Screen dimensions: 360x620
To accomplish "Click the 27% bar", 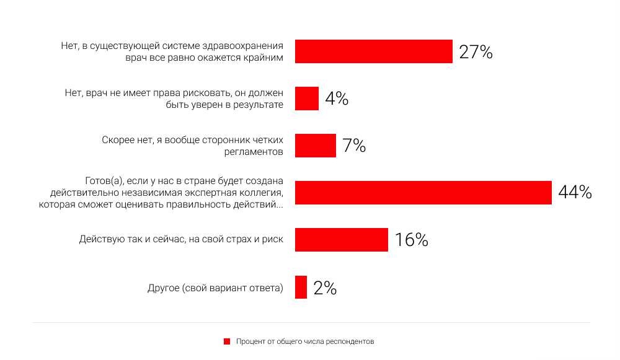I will pyautogui.click(x=373, y=51).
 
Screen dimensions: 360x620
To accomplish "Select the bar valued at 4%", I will pyautogui.click(x=306, y=99).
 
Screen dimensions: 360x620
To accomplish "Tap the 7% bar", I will pyautogui.click(x=315, y=146).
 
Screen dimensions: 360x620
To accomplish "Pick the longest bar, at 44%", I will pyautogui.click(x=423, y=193).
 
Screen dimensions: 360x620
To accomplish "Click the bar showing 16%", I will pyautogui.click(x=341, y=240).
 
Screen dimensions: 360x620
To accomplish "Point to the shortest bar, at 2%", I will pyautogui.click(x=301, y=287).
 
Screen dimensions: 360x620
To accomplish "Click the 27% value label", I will pyautogui.click(x=476, y=52).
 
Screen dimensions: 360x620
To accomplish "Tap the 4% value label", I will pyautogui.click(x=337, y=99).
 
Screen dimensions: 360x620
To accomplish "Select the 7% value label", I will pyautogui.click(x=354, y=146).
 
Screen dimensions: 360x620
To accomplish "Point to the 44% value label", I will pyautogui.click(x=575, y=193).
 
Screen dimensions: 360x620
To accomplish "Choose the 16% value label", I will pyautogui.click(x=411, y=240).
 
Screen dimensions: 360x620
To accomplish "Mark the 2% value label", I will pyautogui.click(x=325, y=288).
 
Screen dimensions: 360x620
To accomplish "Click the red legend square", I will pyautogui.click(x=227, y=341).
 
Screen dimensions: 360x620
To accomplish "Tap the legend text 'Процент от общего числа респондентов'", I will pyautogui.click(x=305, y=341).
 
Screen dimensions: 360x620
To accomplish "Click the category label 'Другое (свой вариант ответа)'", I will pyautogui.click(x=215, y=288).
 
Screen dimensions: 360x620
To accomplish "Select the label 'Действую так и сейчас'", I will pyautogui.click(x=123, y=239).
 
